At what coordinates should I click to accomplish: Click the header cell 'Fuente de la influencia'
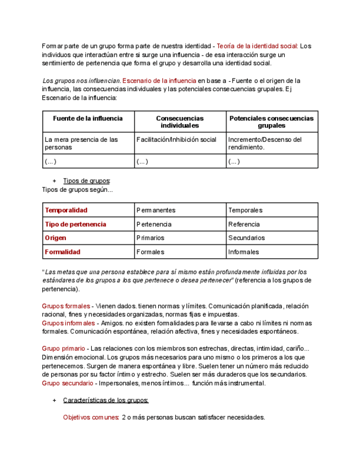coord(88,118)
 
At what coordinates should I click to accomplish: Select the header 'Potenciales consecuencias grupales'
coord(272,121)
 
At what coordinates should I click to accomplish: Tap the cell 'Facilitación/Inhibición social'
coord(176,140)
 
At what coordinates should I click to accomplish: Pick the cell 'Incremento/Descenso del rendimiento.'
coord(265,143)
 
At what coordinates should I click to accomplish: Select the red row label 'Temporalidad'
coord(66,210)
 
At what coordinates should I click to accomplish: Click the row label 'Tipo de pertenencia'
coord(75,224)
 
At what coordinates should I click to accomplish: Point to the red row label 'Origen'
coord(56,238)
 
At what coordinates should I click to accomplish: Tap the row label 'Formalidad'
coord(62,252)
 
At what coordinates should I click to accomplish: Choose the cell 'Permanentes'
coord(156,210)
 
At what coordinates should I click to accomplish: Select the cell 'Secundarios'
coord(246,238)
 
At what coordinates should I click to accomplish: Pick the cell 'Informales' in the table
coord(243,252)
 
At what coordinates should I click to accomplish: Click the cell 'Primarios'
coord(150,238)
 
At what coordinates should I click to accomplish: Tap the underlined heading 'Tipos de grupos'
coord(86,181)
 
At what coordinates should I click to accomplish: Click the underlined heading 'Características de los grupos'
coord(106,400)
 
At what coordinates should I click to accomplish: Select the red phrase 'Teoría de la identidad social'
coord(257,46)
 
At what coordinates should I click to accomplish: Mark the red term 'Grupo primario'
coord(63,348)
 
